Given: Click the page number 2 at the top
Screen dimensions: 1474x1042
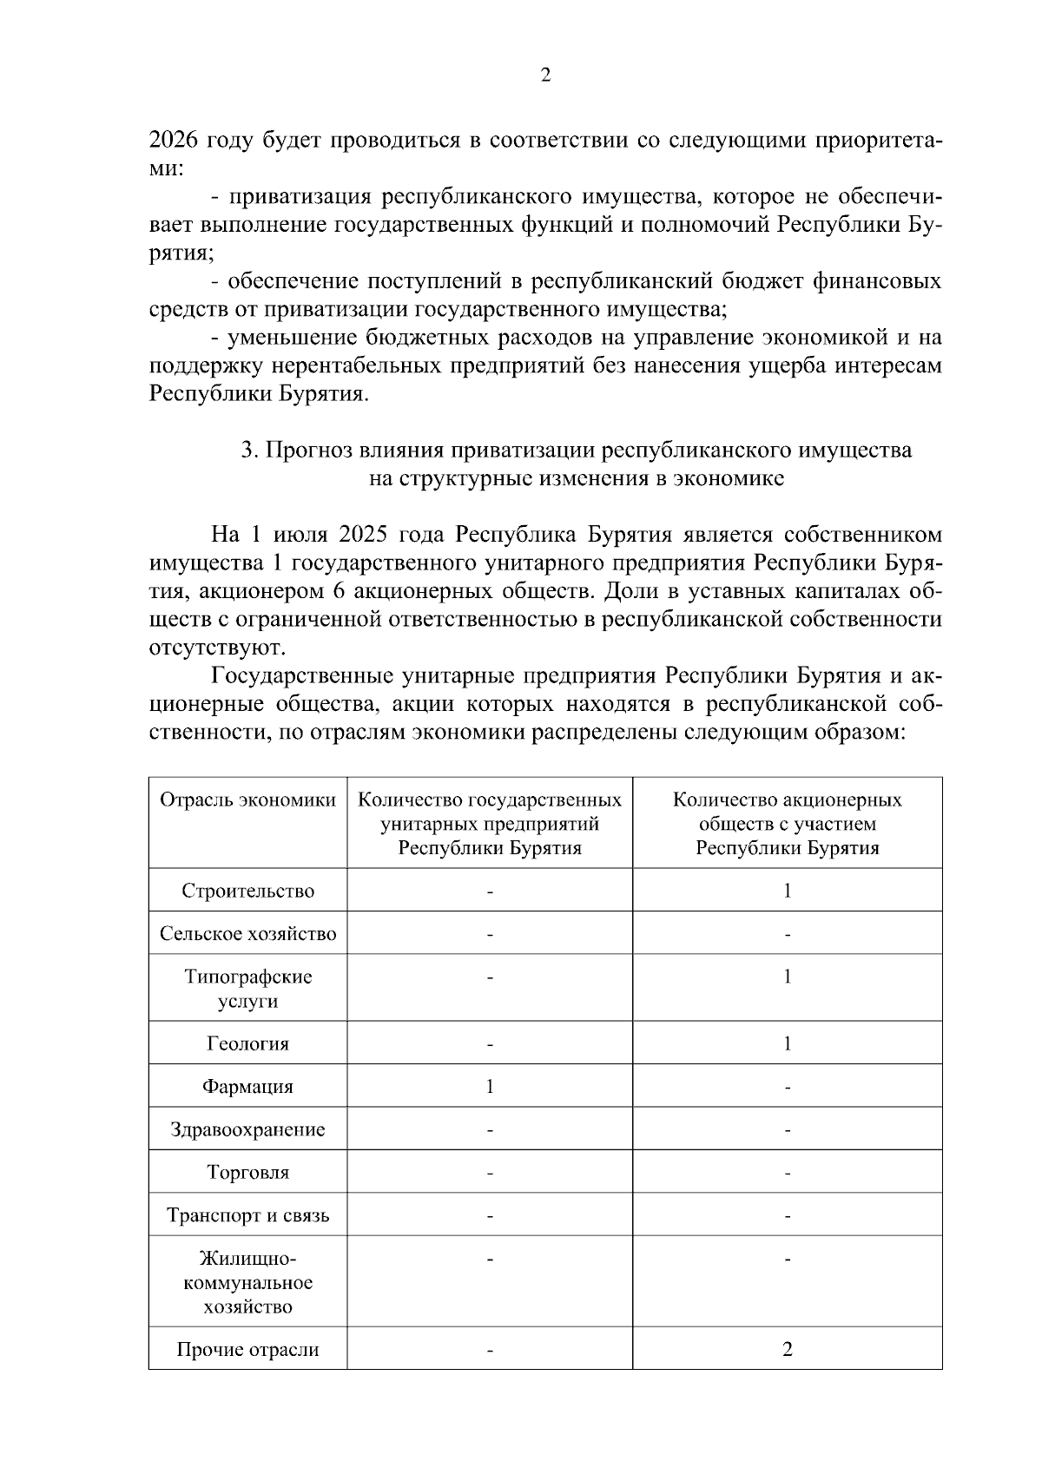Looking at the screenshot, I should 545,76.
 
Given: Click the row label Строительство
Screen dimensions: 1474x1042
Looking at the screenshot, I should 247,891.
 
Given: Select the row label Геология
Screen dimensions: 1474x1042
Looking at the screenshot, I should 247,1043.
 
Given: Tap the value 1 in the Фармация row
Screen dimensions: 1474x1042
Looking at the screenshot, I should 490,1086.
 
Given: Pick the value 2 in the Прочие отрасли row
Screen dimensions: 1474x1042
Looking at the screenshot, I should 787,1349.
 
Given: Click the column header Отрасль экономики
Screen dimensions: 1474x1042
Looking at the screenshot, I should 247,800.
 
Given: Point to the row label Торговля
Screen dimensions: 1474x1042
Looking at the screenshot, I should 247,1172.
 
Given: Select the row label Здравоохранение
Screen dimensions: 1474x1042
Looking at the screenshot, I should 247,1129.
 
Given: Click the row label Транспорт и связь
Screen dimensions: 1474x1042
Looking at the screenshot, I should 247,1215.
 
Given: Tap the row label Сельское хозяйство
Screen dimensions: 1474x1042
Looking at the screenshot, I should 247,934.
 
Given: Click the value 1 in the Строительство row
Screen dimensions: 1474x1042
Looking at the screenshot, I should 787,891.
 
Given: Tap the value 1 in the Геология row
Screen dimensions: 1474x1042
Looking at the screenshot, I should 787,1043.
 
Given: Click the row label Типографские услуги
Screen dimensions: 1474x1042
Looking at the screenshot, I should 247,989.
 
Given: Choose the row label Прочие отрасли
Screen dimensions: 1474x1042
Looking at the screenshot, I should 247,1349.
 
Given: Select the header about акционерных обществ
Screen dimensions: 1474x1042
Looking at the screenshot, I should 787,823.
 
